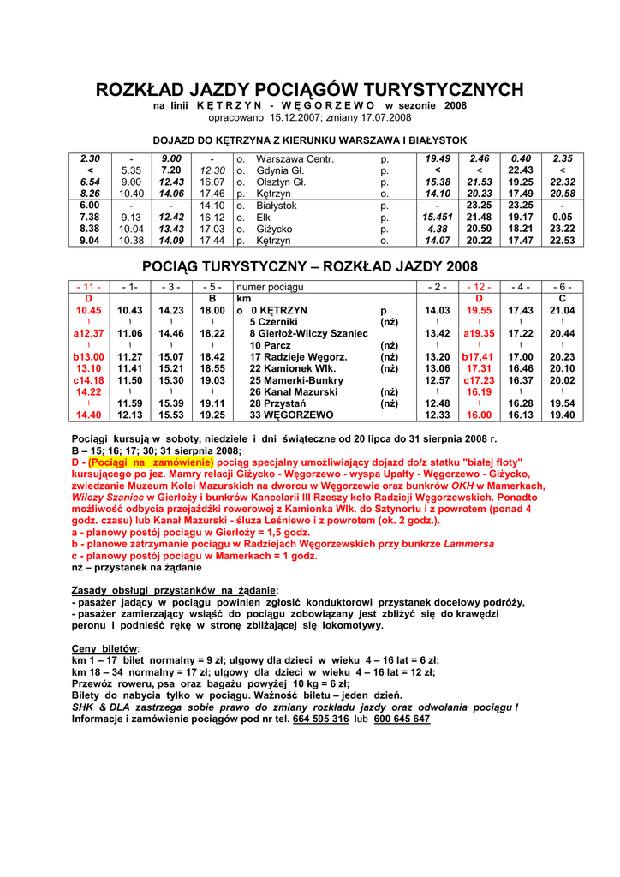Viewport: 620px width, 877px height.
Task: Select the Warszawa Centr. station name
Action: click(295, 159)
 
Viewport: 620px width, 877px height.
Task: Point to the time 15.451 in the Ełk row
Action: click(437, 218)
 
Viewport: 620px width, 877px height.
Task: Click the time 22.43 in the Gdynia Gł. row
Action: click(521, 170)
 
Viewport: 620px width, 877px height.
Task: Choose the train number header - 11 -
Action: click(89, 287)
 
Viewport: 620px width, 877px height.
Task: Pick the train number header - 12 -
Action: click(479, 287)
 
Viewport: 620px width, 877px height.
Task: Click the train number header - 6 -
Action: click(562, 287)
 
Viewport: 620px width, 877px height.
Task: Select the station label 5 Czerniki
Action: click(274, 321)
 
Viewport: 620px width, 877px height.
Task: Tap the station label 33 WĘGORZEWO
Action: click(291, 415)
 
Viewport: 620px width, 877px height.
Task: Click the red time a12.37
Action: click(89, 333)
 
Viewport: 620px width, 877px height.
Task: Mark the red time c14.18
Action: click(89, 379)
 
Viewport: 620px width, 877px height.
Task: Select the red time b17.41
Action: click(479, 356)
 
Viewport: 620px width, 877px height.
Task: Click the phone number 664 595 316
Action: click(320, 719)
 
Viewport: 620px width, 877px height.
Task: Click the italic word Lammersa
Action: click(470, 544)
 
